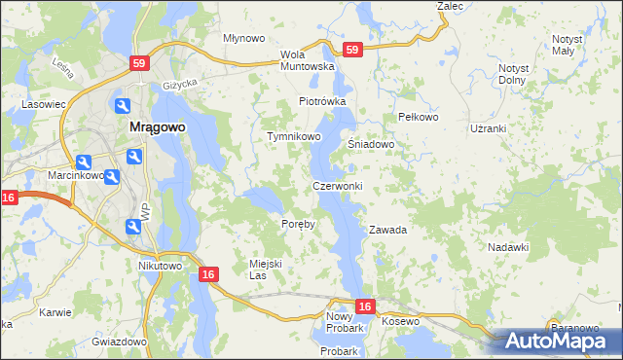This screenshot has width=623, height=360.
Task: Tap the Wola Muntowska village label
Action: (307, 60)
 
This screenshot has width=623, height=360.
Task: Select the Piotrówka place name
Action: (322, 101)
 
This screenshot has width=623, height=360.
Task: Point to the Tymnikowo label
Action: (294, 137)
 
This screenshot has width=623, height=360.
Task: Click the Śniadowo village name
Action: (371, 144)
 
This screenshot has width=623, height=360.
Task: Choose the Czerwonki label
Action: (338, 186)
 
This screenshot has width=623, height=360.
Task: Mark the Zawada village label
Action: (386, 231)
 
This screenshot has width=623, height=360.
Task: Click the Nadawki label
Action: (507, 247)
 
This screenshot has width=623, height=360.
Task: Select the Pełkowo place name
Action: (420, 117)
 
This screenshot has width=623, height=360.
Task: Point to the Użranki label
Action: (488, 128)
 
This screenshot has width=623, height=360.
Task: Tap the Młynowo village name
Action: (244, 39)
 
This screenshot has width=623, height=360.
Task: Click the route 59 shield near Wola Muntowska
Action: (352, 49)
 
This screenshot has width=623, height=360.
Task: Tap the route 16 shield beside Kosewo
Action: (364, 307)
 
